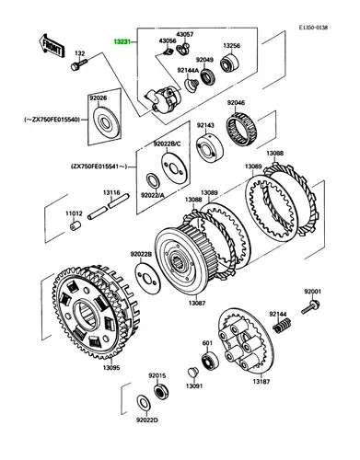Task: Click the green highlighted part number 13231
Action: coord(122,41)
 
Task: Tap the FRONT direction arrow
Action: coord(52,46)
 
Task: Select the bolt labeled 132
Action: coord(79,64)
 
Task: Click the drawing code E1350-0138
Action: coord(314,28)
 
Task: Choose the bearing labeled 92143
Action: coord(210,147)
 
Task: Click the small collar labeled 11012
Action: coord(75,227)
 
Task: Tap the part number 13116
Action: coord(111,192)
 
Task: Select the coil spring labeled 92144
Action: coord(282,325)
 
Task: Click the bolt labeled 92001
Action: coord(310,307)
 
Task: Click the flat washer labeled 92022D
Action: coord(144,403)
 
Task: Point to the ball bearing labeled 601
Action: coord(210,360)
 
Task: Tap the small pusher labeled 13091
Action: coord(192,372)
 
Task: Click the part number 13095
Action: coord(111,368)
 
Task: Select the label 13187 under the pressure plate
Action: coord(261,382)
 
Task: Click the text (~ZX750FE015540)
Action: coord(52,119)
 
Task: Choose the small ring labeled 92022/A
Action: coord(153,181)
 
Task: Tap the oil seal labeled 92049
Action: coord(208,76)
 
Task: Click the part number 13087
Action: coord(197,303)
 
